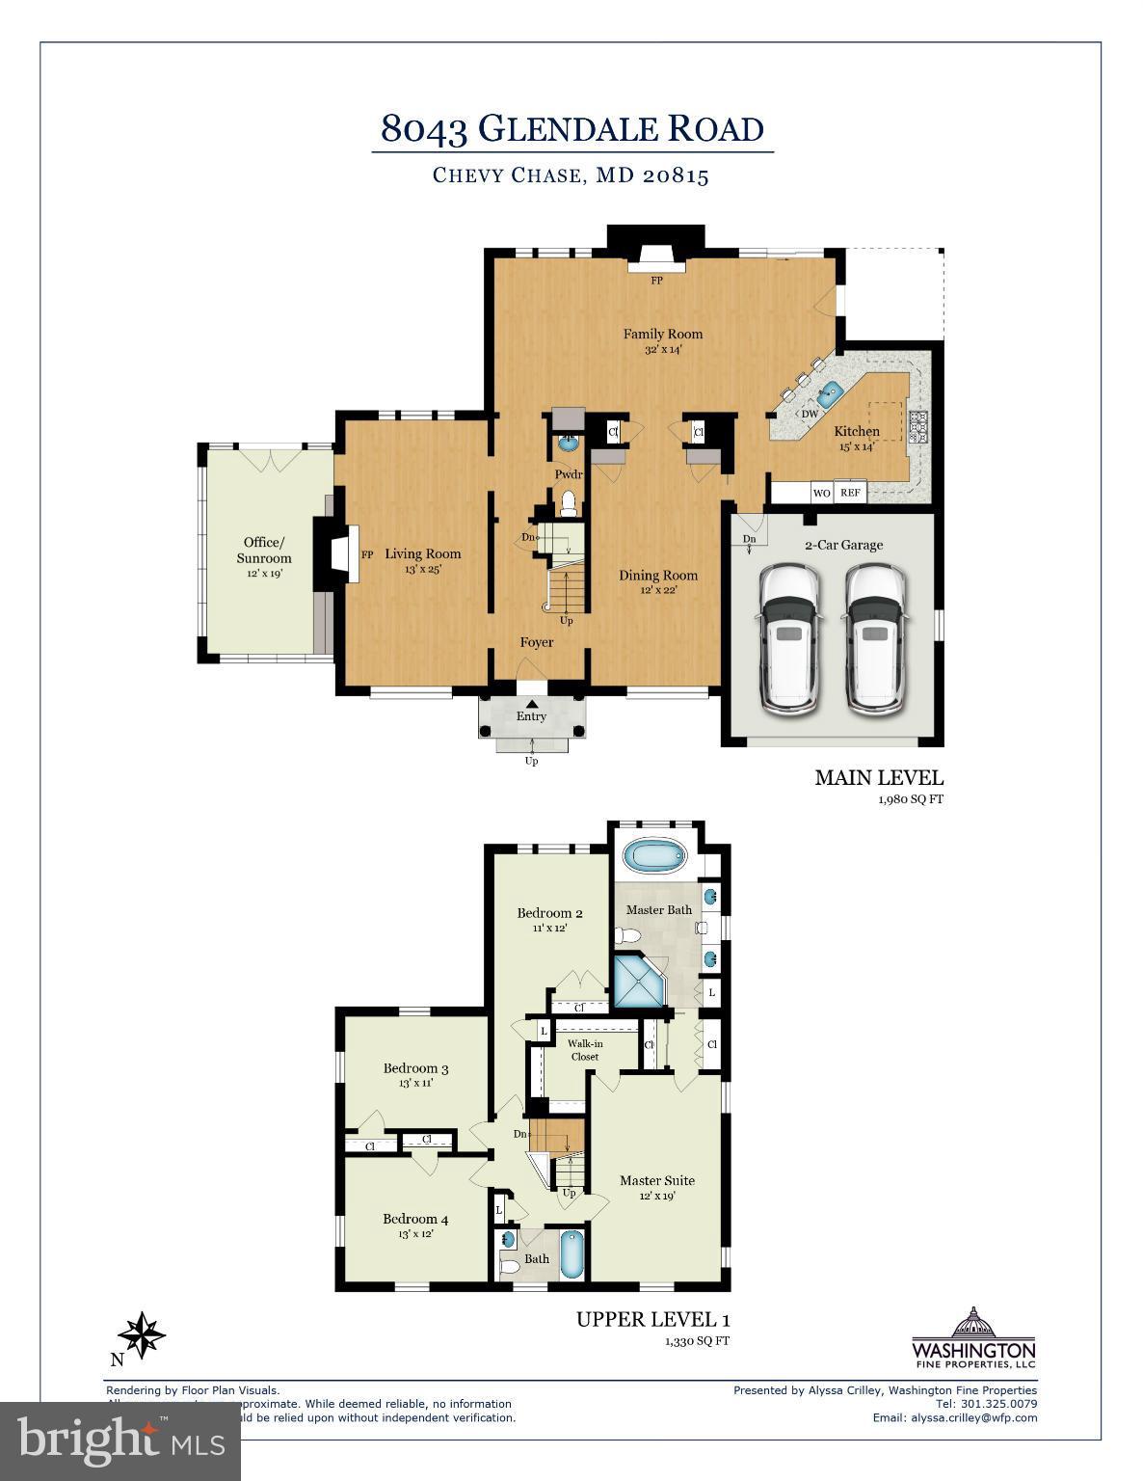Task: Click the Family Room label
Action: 662,335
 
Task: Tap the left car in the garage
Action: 789,638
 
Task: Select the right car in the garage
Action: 874,638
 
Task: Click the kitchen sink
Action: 830,392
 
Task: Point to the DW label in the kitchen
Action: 810,414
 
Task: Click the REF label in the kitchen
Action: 849,493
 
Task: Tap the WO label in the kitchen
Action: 821,493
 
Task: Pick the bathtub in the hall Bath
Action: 571,1253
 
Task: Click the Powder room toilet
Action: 569,501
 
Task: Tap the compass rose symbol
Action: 142,1336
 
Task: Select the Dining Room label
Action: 658,576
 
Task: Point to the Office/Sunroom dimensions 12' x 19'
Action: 265,574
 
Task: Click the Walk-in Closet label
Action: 584,1050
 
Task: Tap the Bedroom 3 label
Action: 415,1068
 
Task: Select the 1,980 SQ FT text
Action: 910,799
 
